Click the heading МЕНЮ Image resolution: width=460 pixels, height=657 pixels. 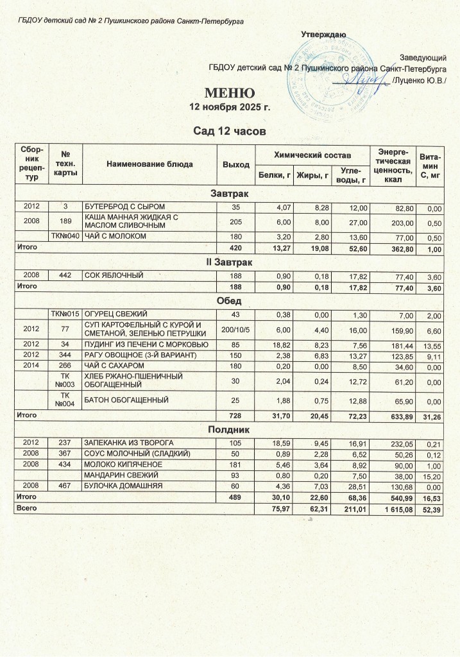230,94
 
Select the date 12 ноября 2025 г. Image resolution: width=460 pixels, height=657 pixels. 230,107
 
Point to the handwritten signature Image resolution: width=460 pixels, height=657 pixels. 360,80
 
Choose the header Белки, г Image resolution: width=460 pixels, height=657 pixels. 274,174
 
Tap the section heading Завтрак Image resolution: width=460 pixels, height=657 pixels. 230,193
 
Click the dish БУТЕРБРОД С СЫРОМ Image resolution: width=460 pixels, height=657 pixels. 121,207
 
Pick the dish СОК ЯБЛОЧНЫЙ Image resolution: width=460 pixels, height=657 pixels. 114,275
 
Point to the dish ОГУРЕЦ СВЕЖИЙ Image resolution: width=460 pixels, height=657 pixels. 116,313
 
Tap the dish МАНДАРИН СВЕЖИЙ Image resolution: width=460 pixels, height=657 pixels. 121,476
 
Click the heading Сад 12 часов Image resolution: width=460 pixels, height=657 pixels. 230,132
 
